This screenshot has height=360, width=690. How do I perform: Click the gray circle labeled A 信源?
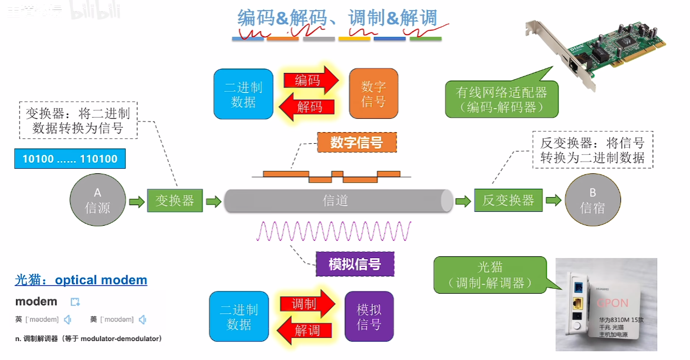97,200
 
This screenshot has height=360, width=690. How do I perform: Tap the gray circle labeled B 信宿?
593,200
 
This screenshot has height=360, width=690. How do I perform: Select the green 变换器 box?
174,200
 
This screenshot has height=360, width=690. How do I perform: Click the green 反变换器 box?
508,200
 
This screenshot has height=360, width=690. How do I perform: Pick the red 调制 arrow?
307,304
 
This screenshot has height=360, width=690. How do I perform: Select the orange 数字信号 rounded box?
373,94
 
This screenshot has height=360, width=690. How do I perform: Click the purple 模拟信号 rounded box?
369,317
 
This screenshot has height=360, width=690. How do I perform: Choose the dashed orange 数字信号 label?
356,143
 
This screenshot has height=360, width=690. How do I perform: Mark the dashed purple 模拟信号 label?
355,264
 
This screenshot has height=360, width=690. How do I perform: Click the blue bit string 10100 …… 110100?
70,159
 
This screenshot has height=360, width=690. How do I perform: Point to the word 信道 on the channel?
335,201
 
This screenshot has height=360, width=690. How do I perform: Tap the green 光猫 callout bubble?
490,275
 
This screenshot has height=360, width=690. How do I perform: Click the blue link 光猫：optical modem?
81,280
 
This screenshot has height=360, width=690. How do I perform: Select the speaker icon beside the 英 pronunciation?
67,319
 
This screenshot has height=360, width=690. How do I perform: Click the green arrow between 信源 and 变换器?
136,201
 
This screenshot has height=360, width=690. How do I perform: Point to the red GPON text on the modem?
613,303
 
